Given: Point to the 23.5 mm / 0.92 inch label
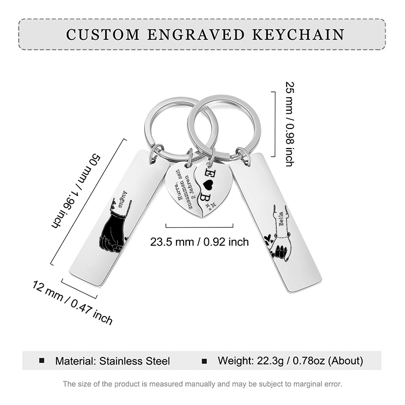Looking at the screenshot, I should pyautogui.click(x=199, y=242).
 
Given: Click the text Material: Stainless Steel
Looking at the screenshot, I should pyautogui.click(x=112, y=361).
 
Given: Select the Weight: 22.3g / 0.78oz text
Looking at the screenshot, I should pyautogui.click(x=290, y=361).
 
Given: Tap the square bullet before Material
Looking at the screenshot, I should pyautogui.click(x=42, y=361).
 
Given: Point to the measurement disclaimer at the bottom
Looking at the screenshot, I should pyautogui.click(x=202, y=384).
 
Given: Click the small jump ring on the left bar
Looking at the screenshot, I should pyautogui.click(x=156, y=152).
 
